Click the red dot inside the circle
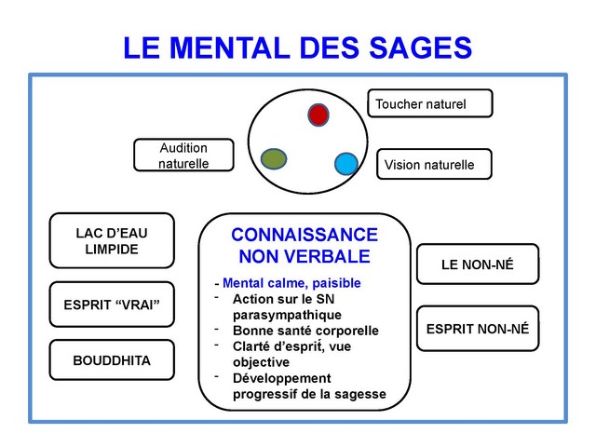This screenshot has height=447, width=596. [318, 115]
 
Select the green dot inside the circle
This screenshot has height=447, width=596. [273, 158]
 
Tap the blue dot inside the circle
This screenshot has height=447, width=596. [346, 164]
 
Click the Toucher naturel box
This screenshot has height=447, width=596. [430, 103]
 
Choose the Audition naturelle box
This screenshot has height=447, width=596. [183, 156]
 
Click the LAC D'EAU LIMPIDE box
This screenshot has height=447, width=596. [112, 240]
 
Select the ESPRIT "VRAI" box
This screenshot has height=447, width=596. [112, 305]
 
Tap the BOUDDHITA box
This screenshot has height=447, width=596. [112, 359]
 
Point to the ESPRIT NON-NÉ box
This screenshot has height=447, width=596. [477, 329]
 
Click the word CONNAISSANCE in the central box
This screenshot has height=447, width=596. [305, 235]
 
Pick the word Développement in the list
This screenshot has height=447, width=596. [282, 378]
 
